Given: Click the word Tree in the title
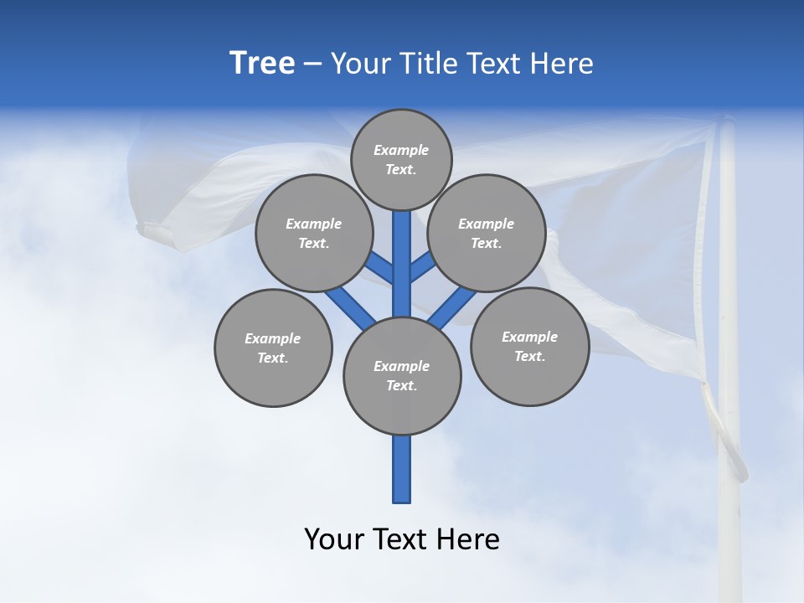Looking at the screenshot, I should [x=262, y=64].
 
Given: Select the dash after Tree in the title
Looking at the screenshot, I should [x=313, y=64].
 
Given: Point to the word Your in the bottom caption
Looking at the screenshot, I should [x=334, y=539].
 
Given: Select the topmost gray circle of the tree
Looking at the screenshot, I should [x=401, y=159].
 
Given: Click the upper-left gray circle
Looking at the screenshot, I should [x=313, y=233].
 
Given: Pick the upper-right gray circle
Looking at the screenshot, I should [x=487, y=233].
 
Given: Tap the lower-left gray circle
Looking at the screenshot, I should [x=273, y=348].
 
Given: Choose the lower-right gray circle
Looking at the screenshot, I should [x=529, y=346].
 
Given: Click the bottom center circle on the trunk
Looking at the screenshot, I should [x=402, y=376].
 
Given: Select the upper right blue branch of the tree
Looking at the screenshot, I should [x=423, y=268].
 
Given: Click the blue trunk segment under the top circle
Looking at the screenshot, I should [x=402, y=260].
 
